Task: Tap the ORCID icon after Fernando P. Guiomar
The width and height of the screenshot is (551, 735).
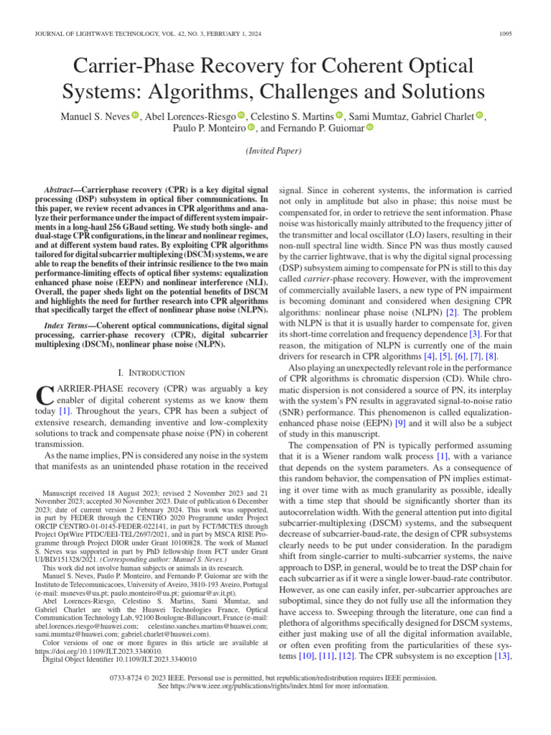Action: (370, 128)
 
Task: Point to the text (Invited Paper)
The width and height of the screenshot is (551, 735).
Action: (275, 151)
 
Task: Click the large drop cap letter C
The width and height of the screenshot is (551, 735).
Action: (44, 395)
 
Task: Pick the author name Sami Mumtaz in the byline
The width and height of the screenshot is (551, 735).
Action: (378, 117)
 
